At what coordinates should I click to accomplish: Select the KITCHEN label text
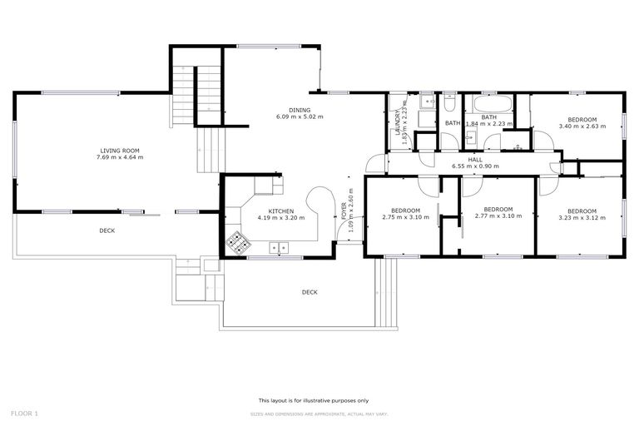click(280, 211)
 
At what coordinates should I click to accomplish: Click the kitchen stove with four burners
click(238, 242)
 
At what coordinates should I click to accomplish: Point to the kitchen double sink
click(279, 246)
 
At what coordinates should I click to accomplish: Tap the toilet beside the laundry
click(448, 106)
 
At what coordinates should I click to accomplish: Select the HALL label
click(475, 159)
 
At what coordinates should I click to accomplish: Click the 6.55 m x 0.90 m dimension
click(475, 166)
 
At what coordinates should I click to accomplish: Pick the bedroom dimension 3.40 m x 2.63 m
click(582, 126)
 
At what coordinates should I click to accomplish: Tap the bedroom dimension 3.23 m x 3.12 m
click(582, 216)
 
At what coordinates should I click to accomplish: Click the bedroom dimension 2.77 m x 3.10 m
click(498, 216)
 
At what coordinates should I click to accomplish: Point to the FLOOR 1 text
click(24, 413)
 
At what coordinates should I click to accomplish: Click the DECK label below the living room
click(107, 230)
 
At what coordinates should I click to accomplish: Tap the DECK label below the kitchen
click(310, 292)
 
